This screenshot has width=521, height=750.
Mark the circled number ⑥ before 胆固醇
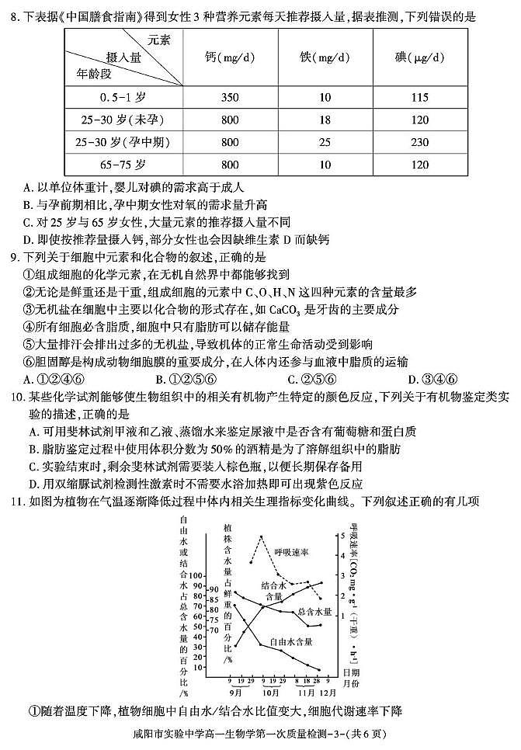pyautogui.click(x=30, y=362)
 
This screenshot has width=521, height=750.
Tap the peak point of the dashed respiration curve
pyautogui.click(x=262, y=536)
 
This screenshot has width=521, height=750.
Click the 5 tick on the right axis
pyautogui.click(x=342, y=536)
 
